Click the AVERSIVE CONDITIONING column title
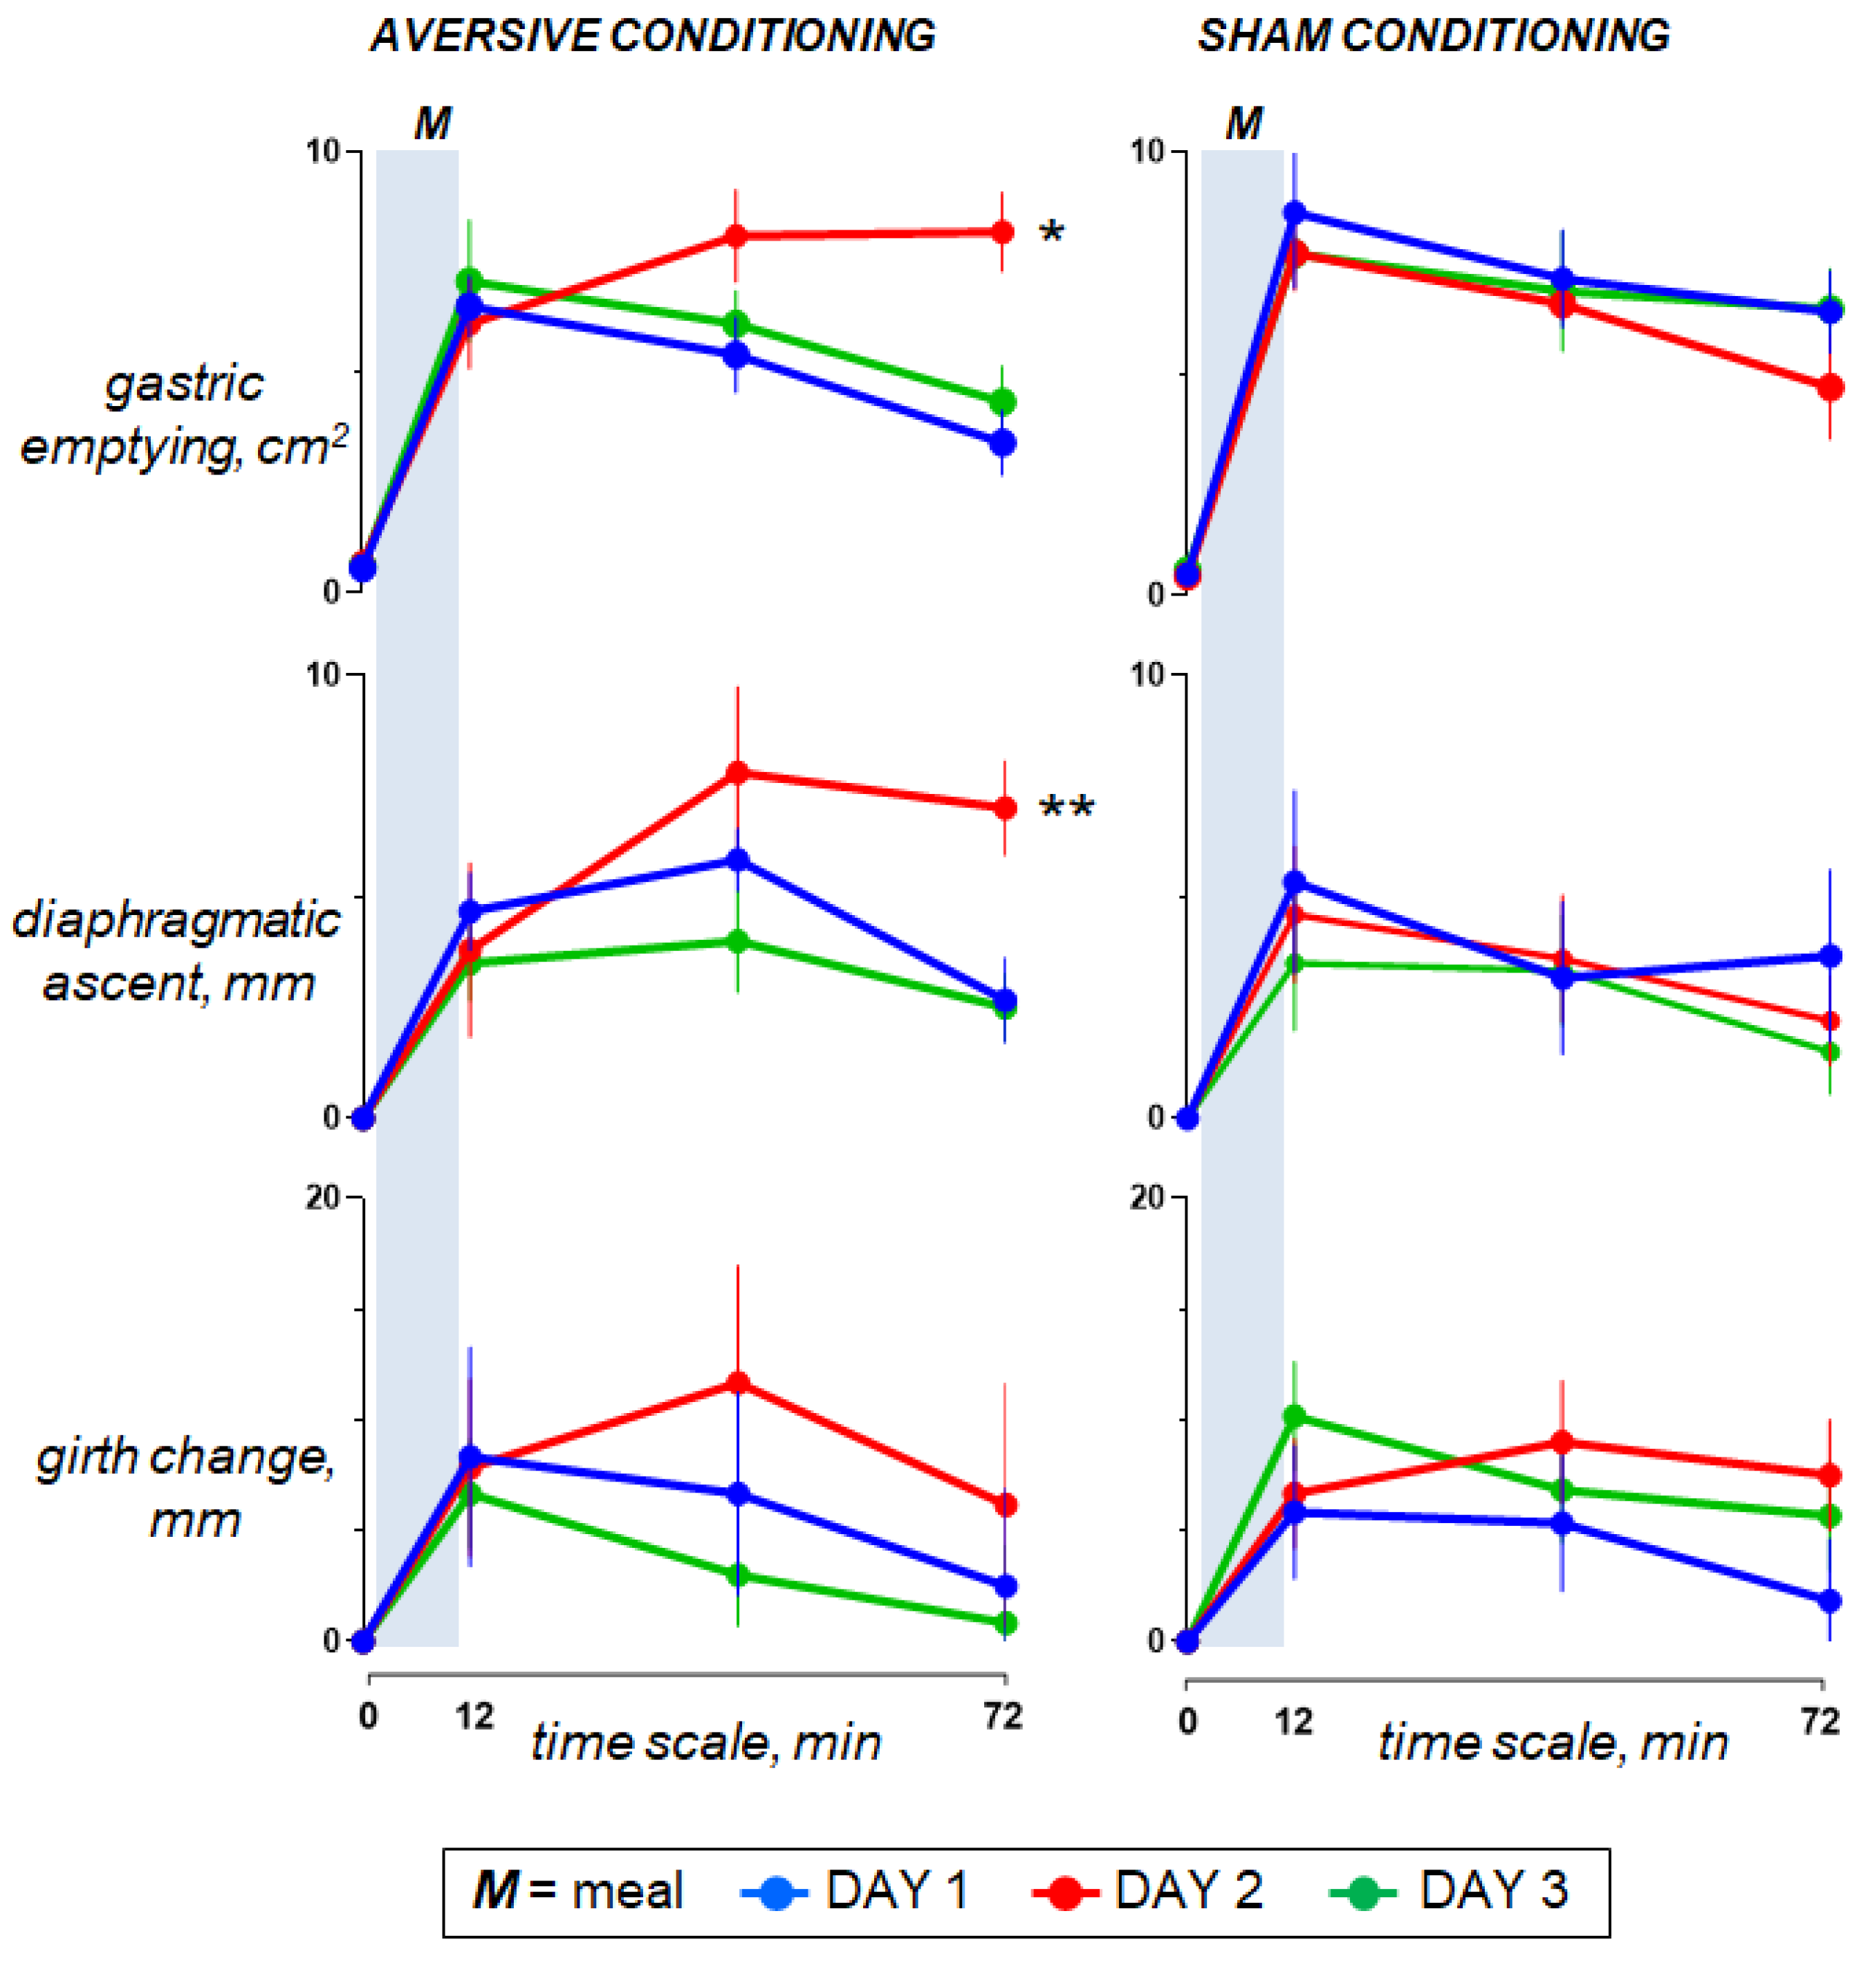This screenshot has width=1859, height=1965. (x=653, y=36)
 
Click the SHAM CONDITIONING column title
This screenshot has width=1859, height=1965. (x=1433, y=36)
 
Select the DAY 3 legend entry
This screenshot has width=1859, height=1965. (x=1449, y=1890)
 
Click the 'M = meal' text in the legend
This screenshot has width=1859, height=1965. (x=579, y=1890)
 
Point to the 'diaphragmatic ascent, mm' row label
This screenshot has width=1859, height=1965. (x=176, y=951)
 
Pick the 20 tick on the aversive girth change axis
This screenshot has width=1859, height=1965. (x=322, y=1198)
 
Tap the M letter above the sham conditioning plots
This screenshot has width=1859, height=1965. (x=1243, y=124)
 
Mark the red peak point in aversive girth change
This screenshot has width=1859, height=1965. (x=737, y=1383)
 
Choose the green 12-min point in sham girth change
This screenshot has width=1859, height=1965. (x=1294, y=1416)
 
